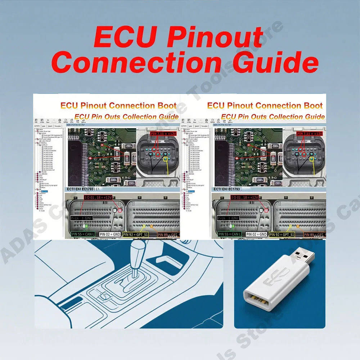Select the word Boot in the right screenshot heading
tap(313, 106)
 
